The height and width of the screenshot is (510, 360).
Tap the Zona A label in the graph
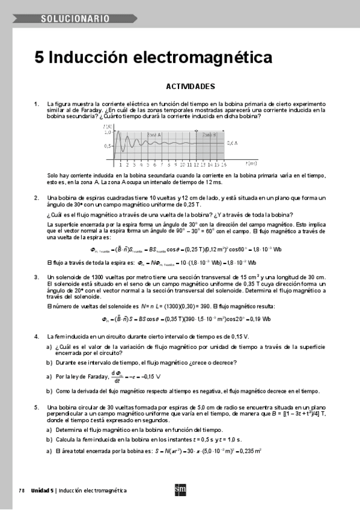point(154,135)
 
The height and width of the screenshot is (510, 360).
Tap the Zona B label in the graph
point(210,135)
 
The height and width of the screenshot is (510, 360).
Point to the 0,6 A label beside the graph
point(233,143)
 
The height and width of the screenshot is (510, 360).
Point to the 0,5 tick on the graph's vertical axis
point(107,146)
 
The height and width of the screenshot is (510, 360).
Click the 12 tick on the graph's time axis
point(190,164)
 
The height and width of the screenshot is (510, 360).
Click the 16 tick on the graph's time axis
point(224,164)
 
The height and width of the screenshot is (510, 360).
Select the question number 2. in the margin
point(37,198)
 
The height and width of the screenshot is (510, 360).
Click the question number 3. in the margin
point(37,277)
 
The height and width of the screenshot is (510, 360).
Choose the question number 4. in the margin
point(37,336)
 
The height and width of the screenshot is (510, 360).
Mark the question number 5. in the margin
point(37,408)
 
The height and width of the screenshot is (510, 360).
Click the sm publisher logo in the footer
point(180,490)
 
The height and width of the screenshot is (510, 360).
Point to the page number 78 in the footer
point(21,490)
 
